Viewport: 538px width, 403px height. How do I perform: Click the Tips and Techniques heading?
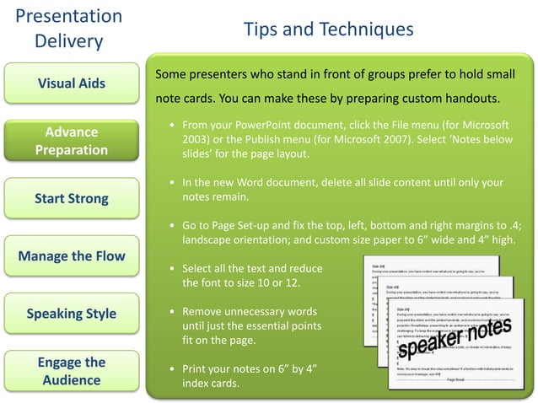pyautogui.click(x=328, y=30)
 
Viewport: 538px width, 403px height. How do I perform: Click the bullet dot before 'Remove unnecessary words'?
pyautogui.click(x=172, y=310)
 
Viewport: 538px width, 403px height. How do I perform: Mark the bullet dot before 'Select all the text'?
pyautogui.click(x=172, y=269)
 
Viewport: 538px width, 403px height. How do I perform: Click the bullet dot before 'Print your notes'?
pyautogui.click(x=172, y=370)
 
